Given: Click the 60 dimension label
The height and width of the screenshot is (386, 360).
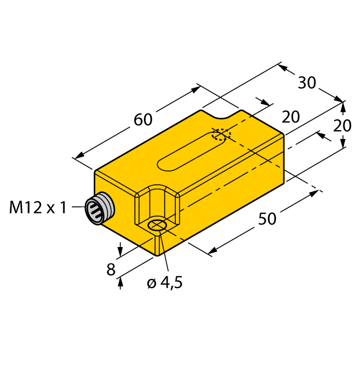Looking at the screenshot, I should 143,119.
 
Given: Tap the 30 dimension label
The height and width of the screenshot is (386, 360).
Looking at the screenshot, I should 307,83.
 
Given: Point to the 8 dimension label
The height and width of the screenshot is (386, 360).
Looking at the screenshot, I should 111,270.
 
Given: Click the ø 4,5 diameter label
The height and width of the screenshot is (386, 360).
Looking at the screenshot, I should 164,283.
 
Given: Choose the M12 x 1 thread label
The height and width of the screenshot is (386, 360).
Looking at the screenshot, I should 38,208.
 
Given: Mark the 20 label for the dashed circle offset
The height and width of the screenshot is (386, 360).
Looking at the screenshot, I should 291,117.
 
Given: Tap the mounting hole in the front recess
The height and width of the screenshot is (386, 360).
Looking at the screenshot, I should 158,225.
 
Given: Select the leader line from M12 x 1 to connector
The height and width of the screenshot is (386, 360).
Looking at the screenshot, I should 77,208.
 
